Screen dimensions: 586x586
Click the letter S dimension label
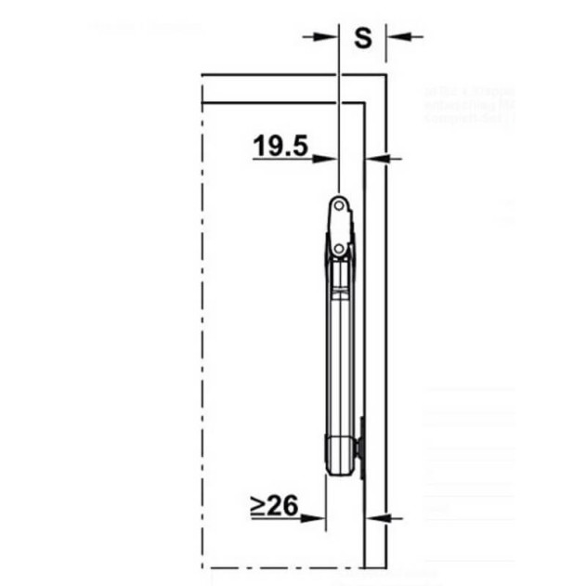(363, 38)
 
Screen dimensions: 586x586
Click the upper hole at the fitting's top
(341, 202)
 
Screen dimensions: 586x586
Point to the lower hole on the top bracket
(341, 248)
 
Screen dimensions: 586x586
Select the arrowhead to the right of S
(394, 36)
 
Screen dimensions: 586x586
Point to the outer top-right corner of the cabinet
(385, 74)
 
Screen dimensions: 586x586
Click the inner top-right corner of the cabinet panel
(364, 101)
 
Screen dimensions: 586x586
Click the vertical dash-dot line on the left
(202, 325)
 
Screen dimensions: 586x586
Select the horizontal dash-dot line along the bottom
(279, 566)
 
